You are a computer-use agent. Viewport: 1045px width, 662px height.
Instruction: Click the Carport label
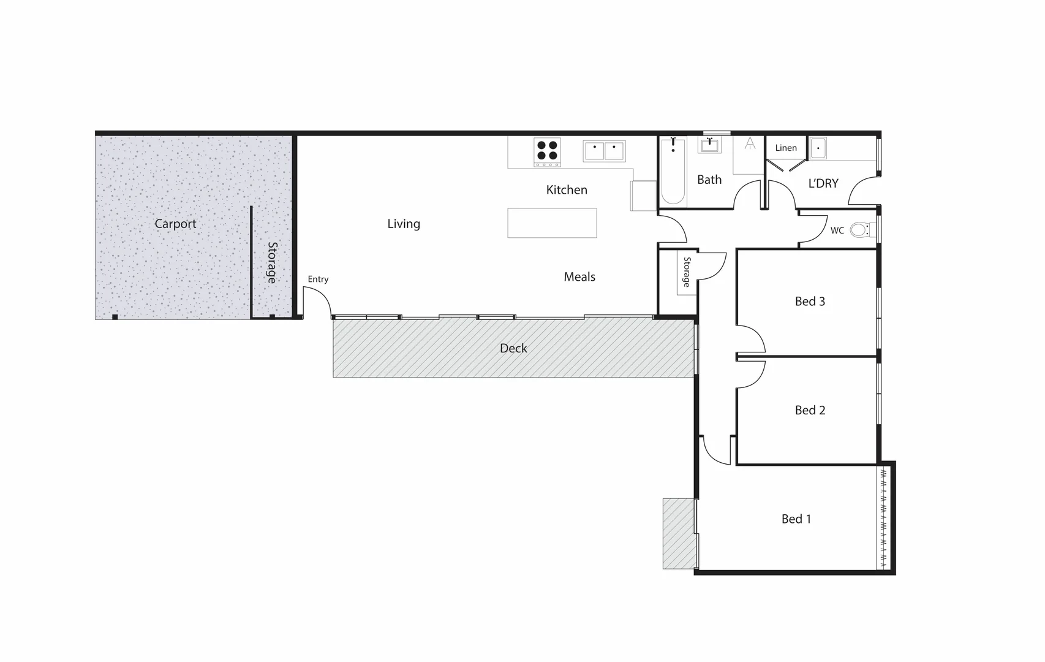(175, 224)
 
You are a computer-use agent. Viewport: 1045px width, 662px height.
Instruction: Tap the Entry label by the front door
(318, 279)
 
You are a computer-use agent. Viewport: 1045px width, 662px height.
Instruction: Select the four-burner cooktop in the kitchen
(547, 152)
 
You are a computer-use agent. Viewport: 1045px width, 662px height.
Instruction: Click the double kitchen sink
(604, 151)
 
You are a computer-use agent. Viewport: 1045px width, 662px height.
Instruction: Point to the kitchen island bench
(552, 223)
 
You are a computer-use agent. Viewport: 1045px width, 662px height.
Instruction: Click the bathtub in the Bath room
(673, 172)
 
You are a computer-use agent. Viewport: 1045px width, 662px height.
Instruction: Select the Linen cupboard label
(786, 148)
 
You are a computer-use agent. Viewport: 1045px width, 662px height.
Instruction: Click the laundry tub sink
(818, 148)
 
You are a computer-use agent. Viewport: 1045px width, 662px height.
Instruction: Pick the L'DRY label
(823, 183)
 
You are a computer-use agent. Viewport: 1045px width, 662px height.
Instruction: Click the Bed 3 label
(810, 301)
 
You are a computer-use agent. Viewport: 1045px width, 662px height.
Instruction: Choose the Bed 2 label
(810, 410)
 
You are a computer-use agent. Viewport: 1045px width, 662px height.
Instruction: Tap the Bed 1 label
(796, 519)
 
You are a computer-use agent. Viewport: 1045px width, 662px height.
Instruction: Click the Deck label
(513, 348)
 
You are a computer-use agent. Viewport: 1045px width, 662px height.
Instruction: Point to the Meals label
(579, 277)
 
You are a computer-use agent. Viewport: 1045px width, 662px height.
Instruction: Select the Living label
(404, 224)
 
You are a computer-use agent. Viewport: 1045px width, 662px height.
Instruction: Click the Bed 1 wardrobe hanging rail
(883, 518)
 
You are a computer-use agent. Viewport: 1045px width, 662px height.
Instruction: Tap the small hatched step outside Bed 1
(679, 533)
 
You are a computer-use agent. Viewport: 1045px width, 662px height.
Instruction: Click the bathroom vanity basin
(710, 145)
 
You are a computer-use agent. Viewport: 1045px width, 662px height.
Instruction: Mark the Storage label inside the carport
(272, 262)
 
